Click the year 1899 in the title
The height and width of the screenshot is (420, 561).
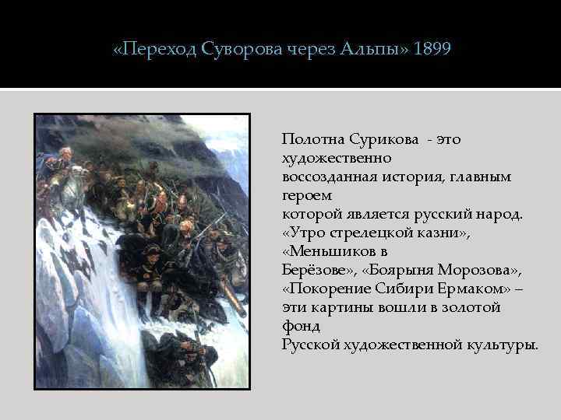[x=432, y=50]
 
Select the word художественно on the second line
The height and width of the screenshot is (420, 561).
[x=336, y=159]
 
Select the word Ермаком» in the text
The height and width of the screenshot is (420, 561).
[x=474, y=289]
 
